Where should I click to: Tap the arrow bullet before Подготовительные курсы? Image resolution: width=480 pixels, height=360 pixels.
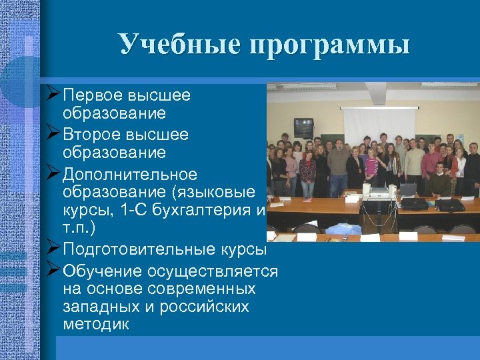tap(55, 249)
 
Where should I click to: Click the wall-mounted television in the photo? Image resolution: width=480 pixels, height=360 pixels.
tap(303, 126)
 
